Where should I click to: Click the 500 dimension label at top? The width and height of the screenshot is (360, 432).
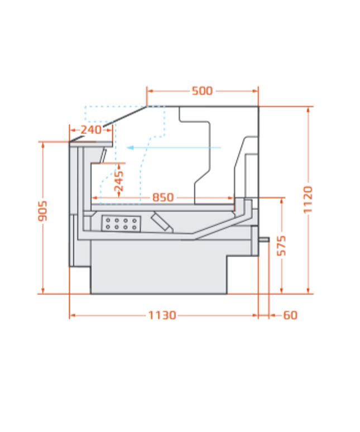pyautogui.click(x=202, y=90)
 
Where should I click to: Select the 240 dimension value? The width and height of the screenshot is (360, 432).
pyautogui.click(x=91, y=129)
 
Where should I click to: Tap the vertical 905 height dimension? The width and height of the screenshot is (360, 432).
pyautogui.click(x=42, y=211)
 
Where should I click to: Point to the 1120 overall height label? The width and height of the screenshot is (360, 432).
pyautogui.click(x=308, y=199)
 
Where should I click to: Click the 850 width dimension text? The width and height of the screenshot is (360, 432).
pyautogui.click(x=163, y=197)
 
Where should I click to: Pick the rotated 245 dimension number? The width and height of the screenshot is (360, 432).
pyautogui.click(x=119, y=181)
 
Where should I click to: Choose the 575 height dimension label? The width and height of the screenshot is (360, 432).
pyautogui.click(x=281, y=246)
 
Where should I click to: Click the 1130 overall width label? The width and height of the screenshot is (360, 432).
pyautogui.click(x=162, y=315)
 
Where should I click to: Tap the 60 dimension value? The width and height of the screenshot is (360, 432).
pyautogui.click(x=290, y=315)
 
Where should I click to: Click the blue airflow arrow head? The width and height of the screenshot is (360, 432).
pyautogui.click(x=129, y=148)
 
